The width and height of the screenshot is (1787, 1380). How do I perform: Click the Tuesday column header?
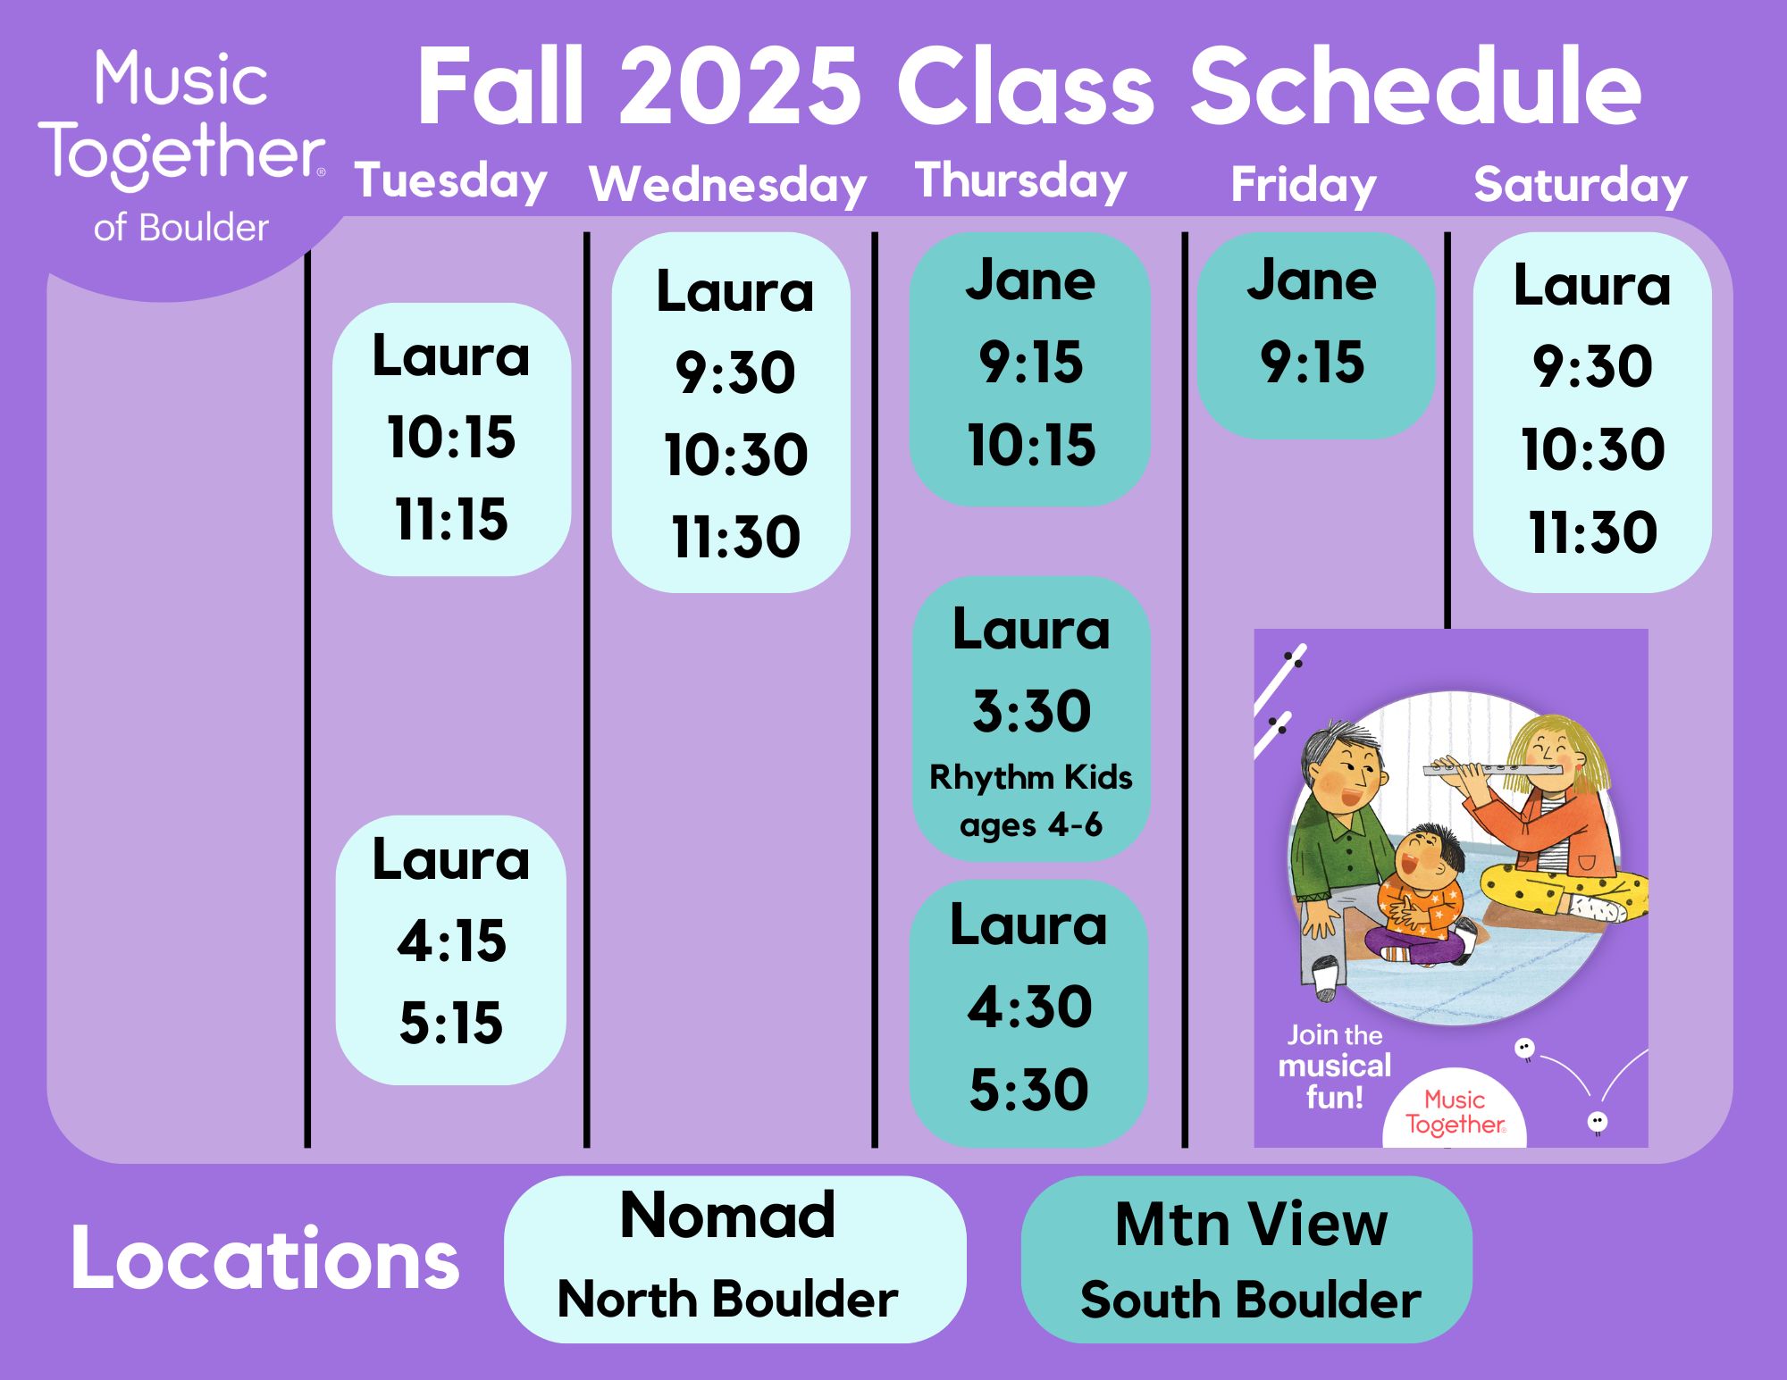pos(451,182)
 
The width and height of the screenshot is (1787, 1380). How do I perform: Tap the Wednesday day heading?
pos(728,185)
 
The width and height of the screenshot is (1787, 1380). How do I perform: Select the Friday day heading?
pos(1304,186)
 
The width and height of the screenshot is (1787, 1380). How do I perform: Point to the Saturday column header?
pos(1581,186)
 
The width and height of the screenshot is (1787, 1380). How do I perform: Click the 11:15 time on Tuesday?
pos(451,519)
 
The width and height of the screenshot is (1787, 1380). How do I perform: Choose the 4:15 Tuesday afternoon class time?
pos(451,941)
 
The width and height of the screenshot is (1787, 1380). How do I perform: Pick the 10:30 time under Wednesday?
pos(735,455)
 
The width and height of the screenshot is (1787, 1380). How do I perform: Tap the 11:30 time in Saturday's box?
pos(1593,532)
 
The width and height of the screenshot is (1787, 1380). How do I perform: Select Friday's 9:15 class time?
pos(1313,363)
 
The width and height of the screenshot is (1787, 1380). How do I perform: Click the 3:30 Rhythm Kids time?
pos(1032,712)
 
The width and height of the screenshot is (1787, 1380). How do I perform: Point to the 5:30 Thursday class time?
pos(1029,1090)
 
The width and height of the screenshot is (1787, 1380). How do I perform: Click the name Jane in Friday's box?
pos(1312,281)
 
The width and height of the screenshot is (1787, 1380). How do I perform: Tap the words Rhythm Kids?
pos(1031,778)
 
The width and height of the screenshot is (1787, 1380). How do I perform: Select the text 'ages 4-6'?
pos(1031,825)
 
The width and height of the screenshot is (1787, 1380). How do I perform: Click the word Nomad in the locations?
pos(728,1216)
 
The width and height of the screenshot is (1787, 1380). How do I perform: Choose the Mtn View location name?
pos(1251,1224)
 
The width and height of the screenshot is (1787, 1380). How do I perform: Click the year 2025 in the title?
pos(741,88)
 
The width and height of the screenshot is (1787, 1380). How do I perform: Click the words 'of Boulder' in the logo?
pos(181,229)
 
